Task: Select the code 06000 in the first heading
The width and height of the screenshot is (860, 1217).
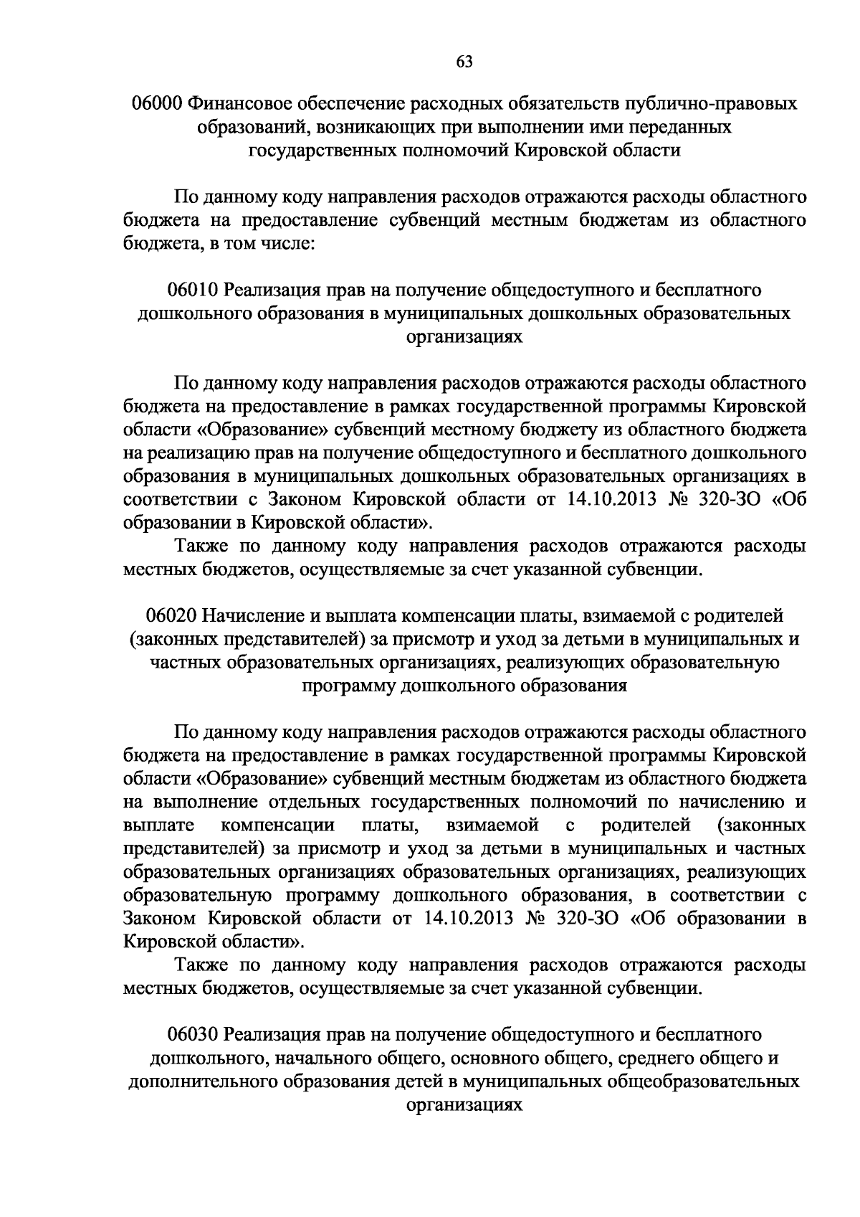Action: click(x=156, y=105)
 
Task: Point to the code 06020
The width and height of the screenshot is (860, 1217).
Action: click(x=171, y=616)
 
